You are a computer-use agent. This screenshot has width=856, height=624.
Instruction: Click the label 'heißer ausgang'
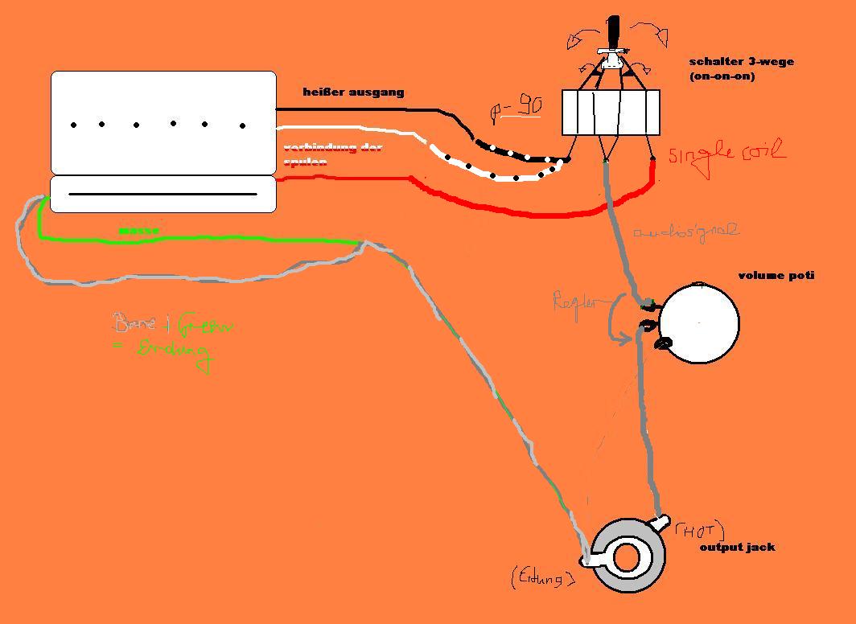(x=353, y=92)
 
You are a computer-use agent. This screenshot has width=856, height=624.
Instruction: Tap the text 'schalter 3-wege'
(x=741, y=62)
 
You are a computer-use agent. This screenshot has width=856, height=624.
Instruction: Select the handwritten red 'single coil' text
(x=726, y=152)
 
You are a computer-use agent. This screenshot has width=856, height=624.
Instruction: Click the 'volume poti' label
(x=776, y=276)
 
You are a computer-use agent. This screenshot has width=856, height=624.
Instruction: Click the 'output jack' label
(x=737, y=547)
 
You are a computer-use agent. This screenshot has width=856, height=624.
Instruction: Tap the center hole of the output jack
(x=626, y=557)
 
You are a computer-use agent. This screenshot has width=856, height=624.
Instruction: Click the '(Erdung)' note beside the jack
(x=542, y=577)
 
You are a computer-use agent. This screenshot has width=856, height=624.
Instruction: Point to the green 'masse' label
(x=138, y=231)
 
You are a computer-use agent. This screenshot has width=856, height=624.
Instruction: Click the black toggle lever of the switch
(x=614, y=32)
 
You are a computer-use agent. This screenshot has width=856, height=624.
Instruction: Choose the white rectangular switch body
(x=611, y=112)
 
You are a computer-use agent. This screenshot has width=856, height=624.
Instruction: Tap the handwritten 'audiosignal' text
(x=685, y=232)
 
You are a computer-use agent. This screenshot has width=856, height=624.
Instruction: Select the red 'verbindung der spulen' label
(x=331, y=154)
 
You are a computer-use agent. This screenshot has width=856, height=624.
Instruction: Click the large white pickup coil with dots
(x=163, y=122)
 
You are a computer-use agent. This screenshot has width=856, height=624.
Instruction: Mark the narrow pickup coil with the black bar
(x=163, y=194)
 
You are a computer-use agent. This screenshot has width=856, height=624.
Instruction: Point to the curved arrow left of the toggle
(x=581, y=36)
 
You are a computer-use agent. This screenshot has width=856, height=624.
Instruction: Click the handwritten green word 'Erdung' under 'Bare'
(x=175, y=351)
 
